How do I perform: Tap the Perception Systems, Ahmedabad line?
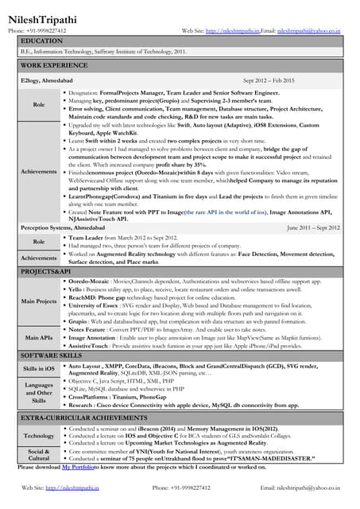tap(63, 227)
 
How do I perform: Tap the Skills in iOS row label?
tap(38, 369)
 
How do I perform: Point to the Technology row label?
tap(38, 435)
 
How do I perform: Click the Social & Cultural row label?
tap(38, 454)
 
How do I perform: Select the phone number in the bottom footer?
tap(181, 487)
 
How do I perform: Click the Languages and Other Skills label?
tap(38, 392)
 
